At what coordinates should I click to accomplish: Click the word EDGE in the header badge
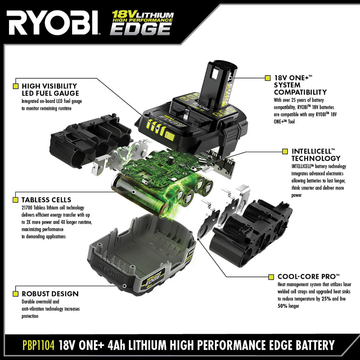click(x=140, y=28)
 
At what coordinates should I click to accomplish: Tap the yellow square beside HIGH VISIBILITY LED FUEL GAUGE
click(x=16, y=86)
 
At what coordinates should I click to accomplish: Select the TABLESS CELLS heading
click(x=46, y=200)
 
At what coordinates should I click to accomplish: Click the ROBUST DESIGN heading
click(x=50, y=294)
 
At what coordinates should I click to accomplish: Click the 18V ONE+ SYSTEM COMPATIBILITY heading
click(x=300, y=85)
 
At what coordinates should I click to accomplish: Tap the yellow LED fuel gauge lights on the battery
click(x=157, y=128)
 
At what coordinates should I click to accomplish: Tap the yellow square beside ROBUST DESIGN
click(x=16, y=294)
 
